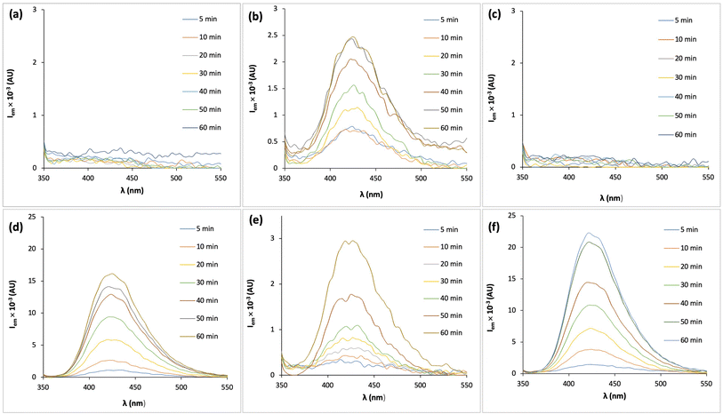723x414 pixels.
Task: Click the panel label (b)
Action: point(255,13)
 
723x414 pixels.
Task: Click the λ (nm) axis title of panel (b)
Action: point(374,193)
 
